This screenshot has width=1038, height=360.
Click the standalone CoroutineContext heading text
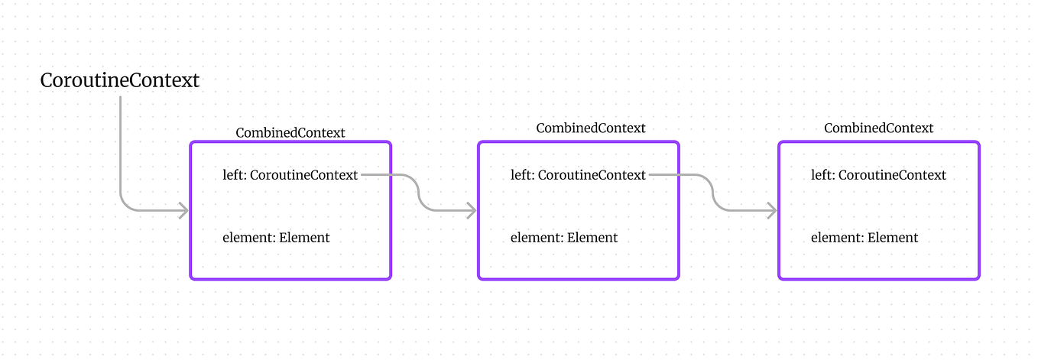click(x=120, y=80)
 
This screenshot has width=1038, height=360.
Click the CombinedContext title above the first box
click(x=290, y=133)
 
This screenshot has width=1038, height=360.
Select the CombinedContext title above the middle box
click(x=590, y=128)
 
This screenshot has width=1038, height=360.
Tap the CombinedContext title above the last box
click(x=878, y=128)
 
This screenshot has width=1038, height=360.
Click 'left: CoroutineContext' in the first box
click(x=290, y=175)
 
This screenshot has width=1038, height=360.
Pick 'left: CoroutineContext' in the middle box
click(x=578, y=175)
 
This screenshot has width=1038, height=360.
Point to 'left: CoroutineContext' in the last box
click(x=878, y=175)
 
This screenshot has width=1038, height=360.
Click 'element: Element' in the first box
click(x=276, y=238)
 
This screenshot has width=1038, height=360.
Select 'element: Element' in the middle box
click(x=564, y=238)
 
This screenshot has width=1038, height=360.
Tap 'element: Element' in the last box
click(x=864, y=238)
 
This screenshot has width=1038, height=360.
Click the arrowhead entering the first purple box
click(x=183, y=211)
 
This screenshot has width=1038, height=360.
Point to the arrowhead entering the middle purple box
click(x=472, y=211)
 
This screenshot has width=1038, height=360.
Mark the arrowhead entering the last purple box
click(x=772, y=211)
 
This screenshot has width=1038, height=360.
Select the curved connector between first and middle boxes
click(x=419, y=193)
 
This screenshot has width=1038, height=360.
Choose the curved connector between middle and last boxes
click(x=712, y=193)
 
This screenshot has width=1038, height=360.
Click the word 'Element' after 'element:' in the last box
click(x=893, y=238)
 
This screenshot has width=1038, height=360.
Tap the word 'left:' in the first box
click(x=235, y=175)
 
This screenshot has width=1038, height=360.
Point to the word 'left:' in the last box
click(x=823, y=175)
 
